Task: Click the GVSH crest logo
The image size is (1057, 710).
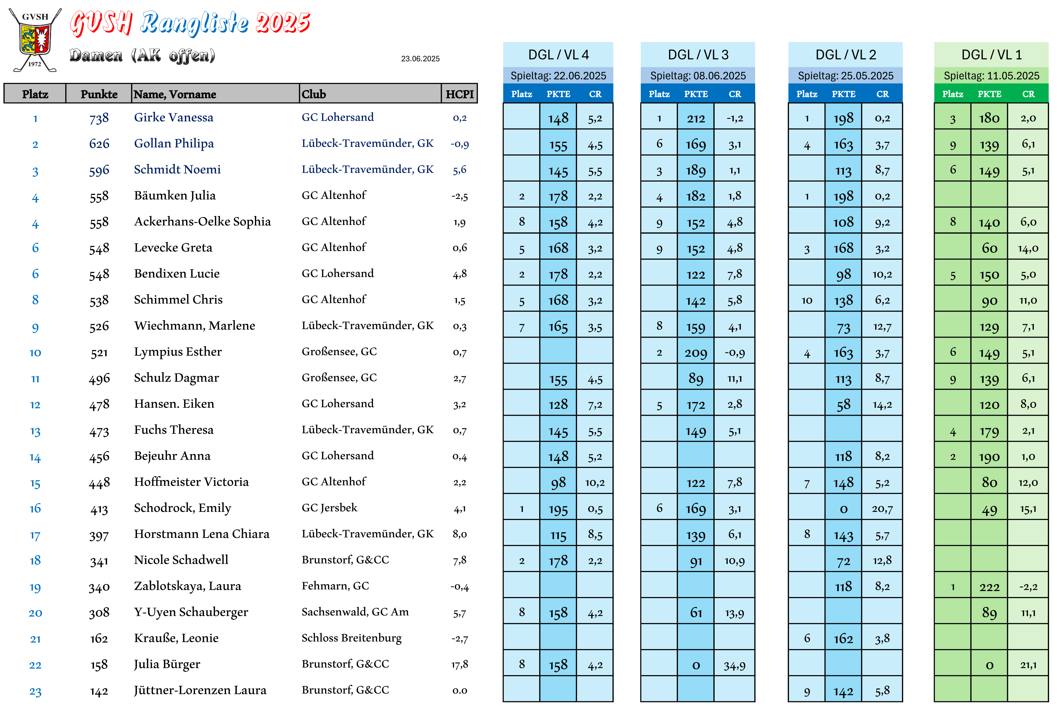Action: point(35,40)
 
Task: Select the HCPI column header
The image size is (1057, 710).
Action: point(459,94)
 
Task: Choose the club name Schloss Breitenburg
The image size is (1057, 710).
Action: point(352,638)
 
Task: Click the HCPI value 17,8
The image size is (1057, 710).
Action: point(459,665)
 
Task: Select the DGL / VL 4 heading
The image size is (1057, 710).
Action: point(558,55)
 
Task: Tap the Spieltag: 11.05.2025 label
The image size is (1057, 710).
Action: point(991,76)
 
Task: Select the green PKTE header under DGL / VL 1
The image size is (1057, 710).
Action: point(989,94)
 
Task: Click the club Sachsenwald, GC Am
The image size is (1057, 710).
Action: point(355,612)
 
